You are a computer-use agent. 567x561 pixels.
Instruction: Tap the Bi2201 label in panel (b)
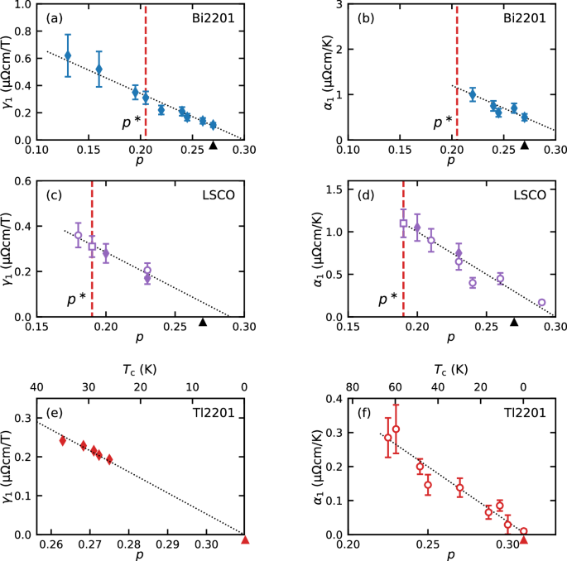point(524,17)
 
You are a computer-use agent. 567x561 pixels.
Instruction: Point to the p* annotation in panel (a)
point(131,122)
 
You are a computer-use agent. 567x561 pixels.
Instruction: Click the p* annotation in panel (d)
point(387,298)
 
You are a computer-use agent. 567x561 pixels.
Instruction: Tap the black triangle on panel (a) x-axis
point(213,146)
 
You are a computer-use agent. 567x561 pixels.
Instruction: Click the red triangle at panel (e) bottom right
point(245,540)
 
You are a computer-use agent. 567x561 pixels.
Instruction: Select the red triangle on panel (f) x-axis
point(523,540)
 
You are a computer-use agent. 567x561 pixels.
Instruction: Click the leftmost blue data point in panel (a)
point(68,55)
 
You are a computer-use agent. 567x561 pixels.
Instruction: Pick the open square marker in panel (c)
point(92,247)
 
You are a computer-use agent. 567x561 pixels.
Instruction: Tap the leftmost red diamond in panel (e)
point(63,441)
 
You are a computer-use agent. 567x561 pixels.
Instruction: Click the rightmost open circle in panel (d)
point(541,303)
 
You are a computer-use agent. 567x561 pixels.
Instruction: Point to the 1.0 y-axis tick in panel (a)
point(22,5)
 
